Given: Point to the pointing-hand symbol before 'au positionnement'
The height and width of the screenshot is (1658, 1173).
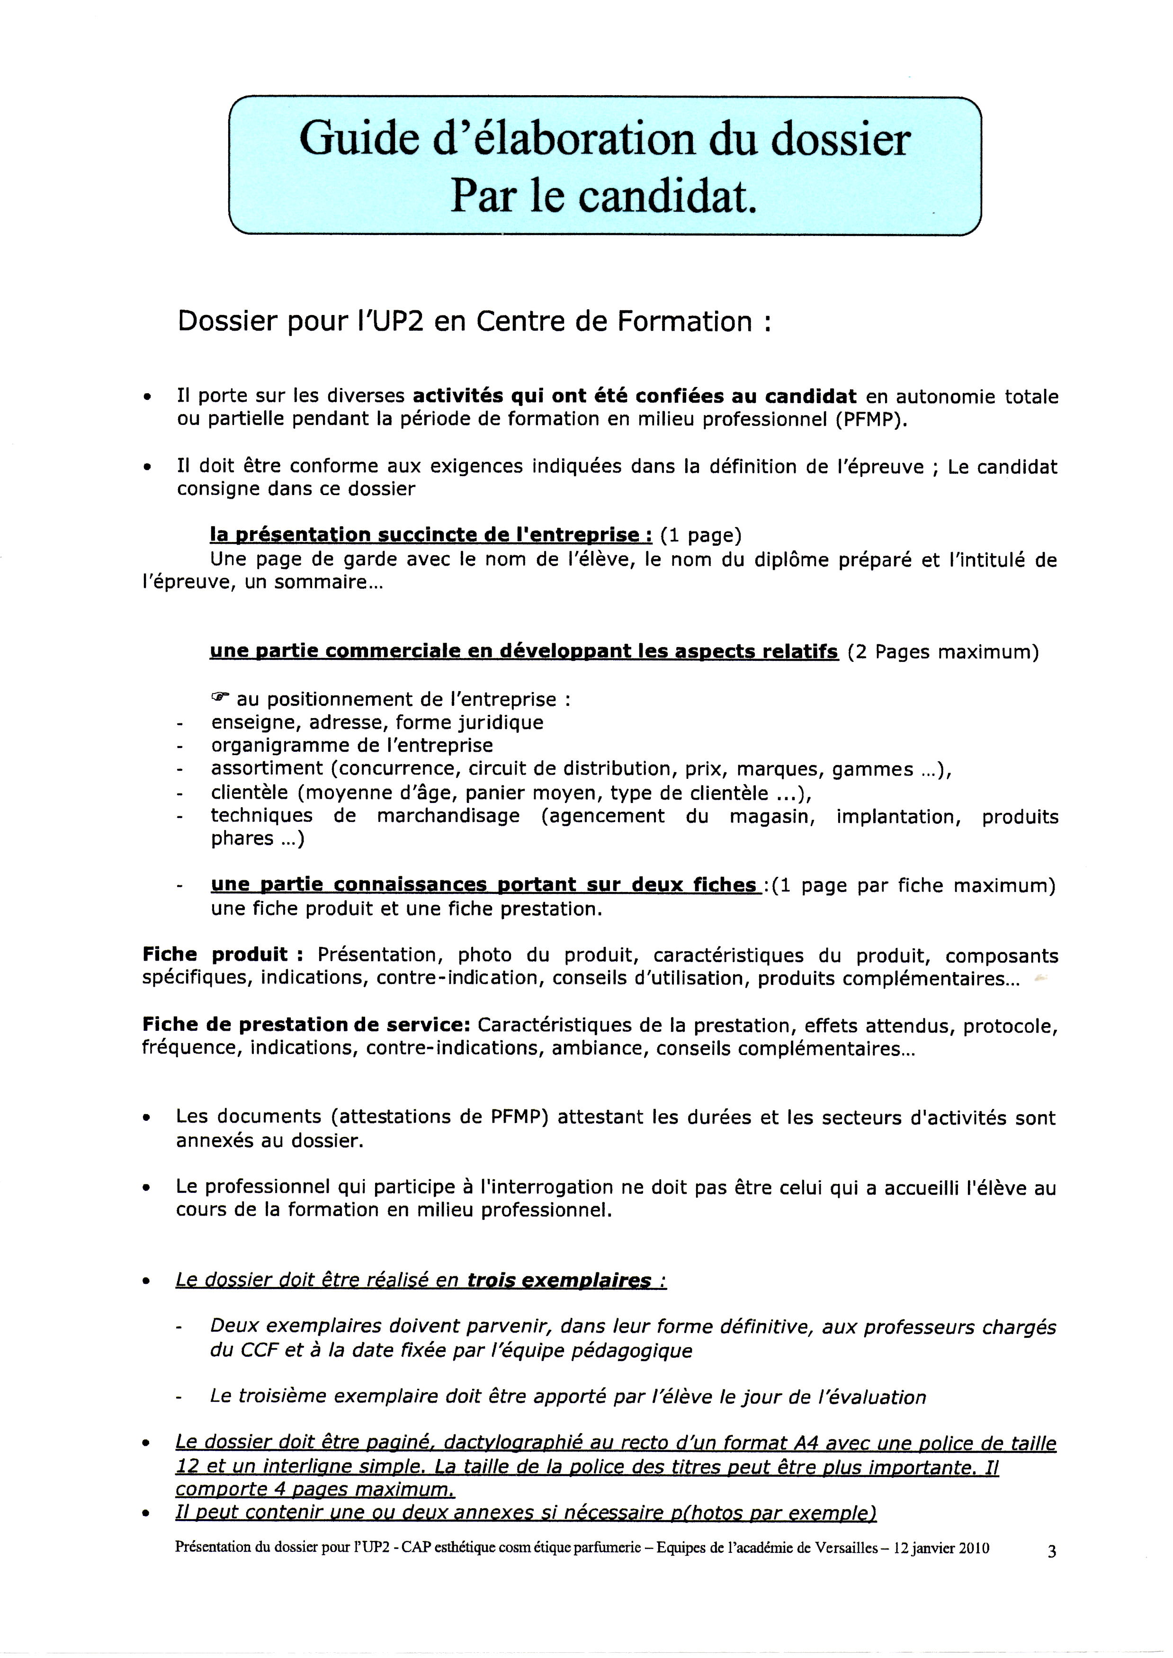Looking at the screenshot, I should pos(220,698).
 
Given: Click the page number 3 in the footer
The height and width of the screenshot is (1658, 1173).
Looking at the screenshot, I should pos(1052,1551).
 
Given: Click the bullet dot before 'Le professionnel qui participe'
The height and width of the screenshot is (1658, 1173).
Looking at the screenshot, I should pos(147,1189).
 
